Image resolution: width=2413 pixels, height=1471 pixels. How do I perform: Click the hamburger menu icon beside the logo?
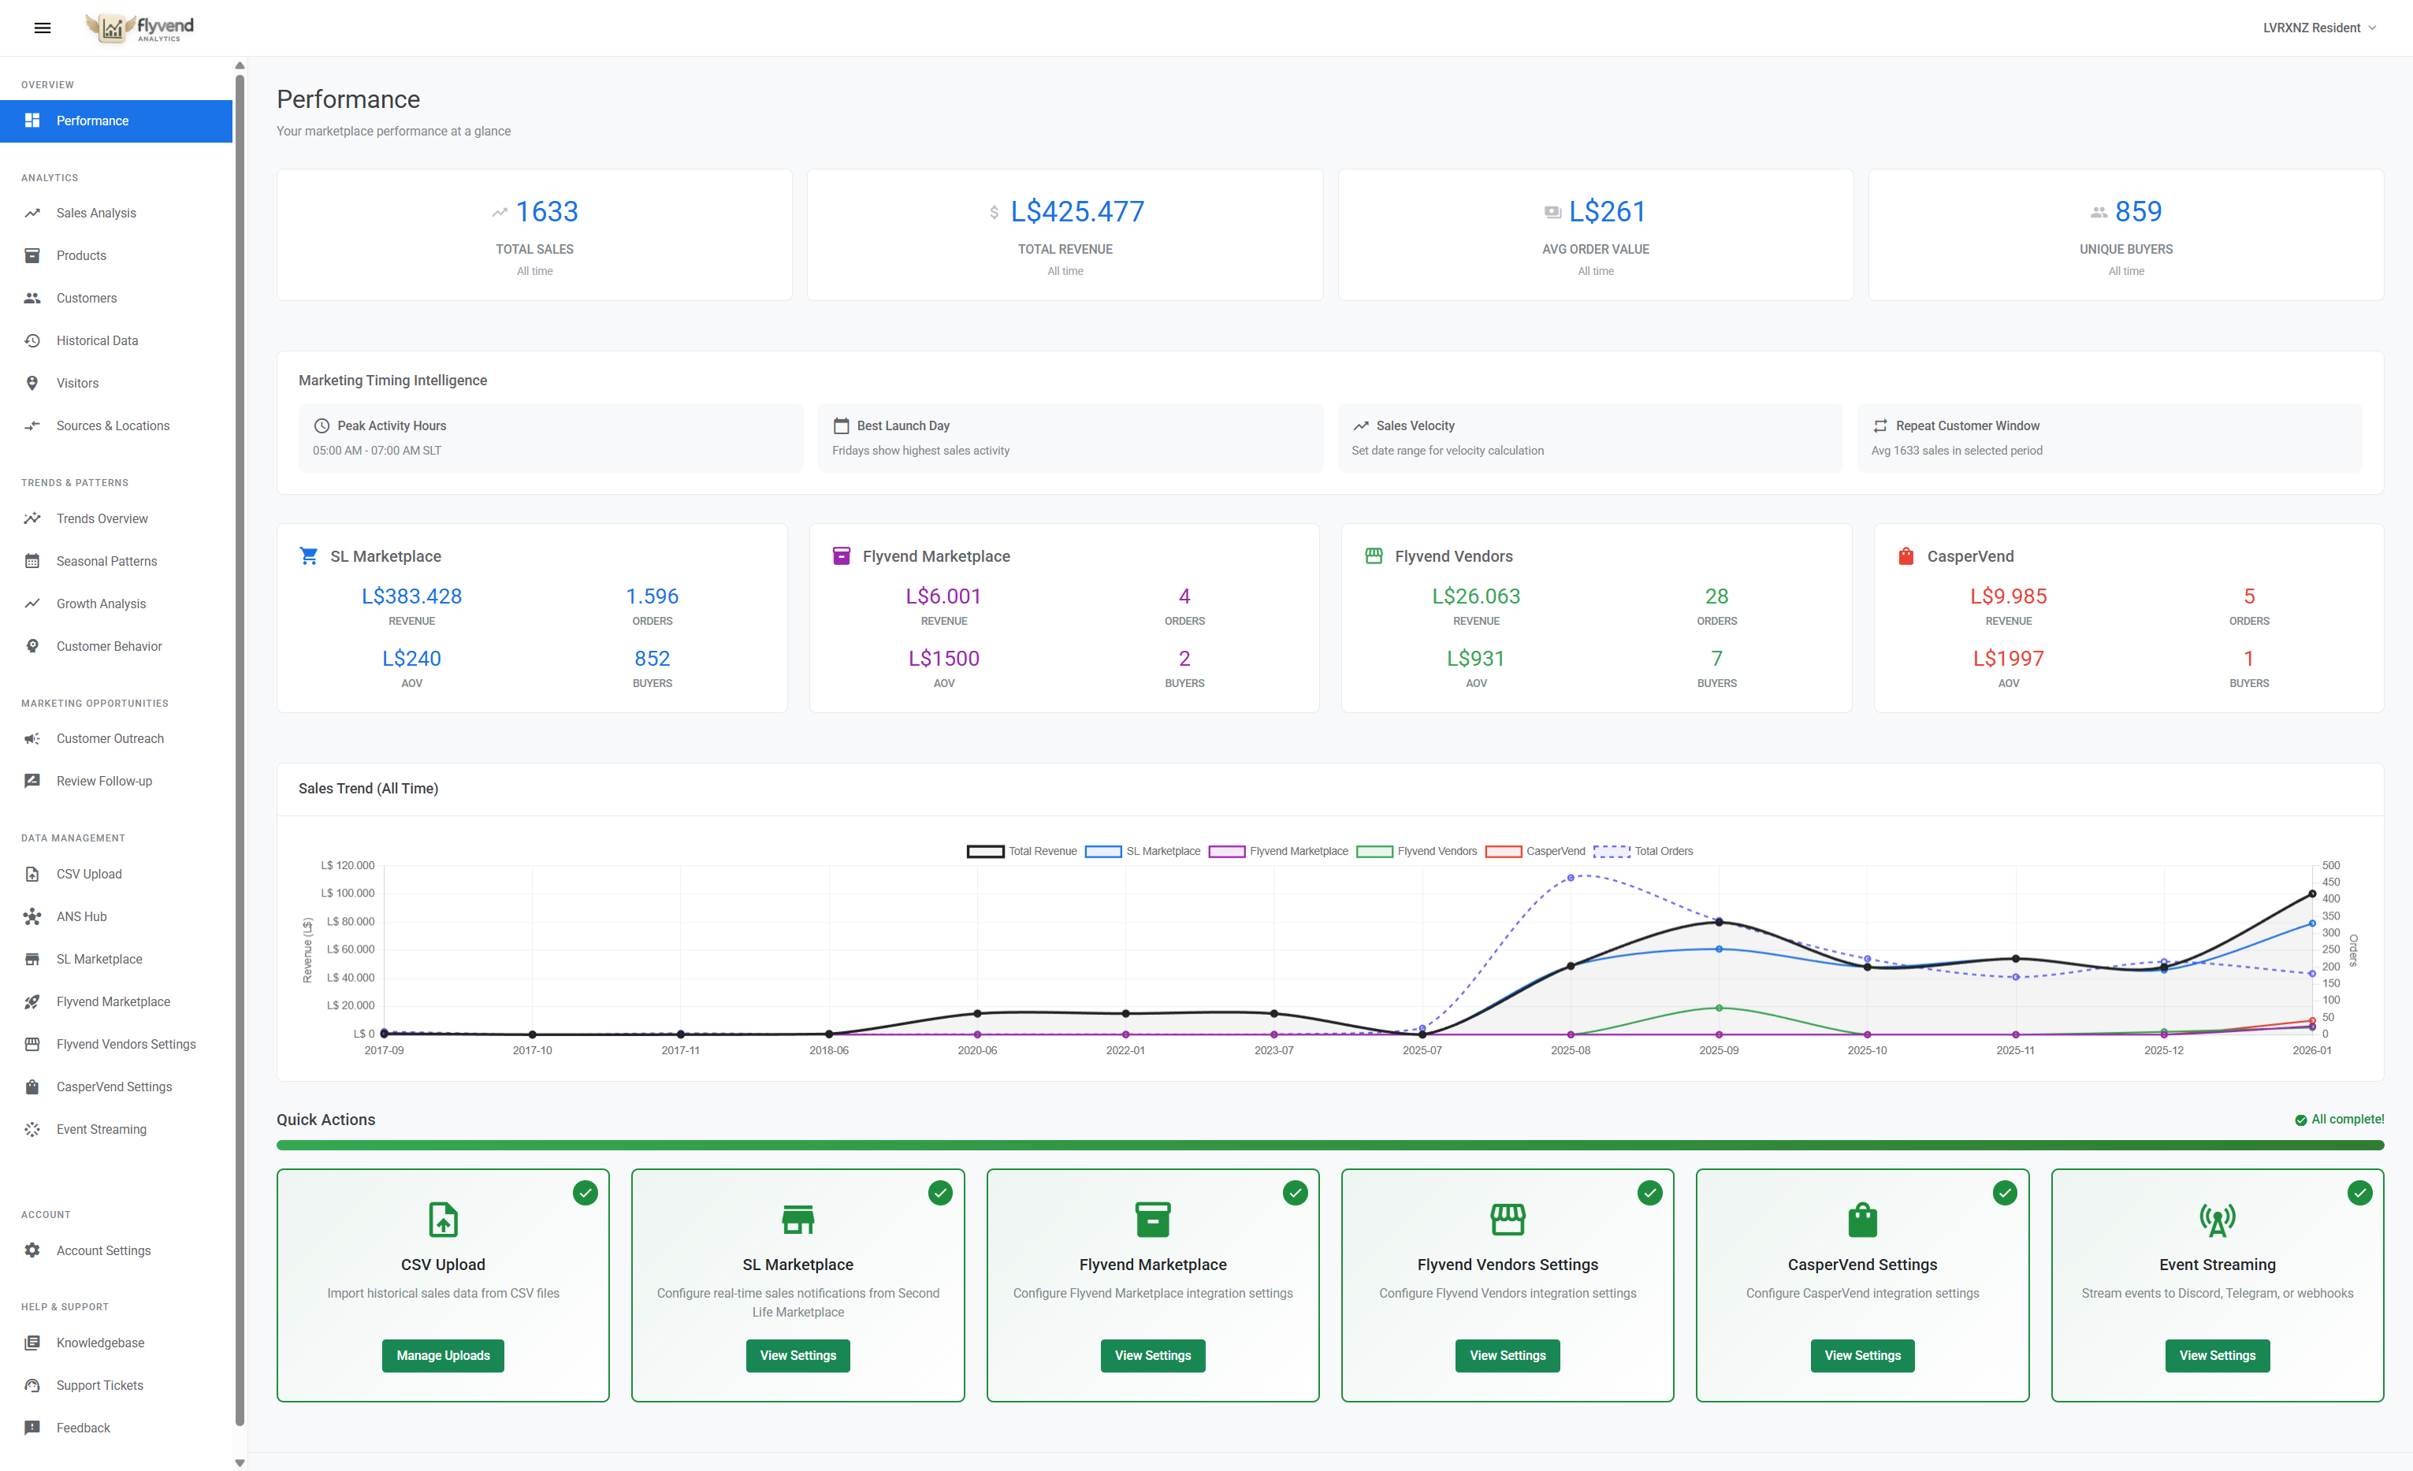point(42,28)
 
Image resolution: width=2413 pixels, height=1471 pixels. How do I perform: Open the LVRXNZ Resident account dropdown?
point(2318,28)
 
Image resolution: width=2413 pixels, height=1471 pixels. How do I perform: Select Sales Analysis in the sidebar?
point(96,213)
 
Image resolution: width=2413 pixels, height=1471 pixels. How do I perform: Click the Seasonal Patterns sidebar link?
point(106,561)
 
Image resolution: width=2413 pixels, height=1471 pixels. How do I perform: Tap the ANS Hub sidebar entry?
point(81,916)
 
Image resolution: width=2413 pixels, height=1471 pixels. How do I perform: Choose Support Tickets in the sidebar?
point(99,1385)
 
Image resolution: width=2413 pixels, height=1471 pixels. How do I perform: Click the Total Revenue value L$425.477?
point(1076,211)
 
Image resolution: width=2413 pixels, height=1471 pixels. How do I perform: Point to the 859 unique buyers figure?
point(2137,211)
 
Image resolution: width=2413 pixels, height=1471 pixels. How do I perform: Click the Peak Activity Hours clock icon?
point(322,426)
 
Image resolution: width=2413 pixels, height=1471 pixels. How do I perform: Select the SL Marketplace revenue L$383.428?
point(411,596)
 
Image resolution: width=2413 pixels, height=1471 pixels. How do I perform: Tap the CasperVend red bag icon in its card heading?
point(1905,556)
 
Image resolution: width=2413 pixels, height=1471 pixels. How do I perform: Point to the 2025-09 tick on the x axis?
point(1718,1050)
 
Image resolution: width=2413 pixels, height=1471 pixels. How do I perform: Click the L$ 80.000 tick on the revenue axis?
point(350,922)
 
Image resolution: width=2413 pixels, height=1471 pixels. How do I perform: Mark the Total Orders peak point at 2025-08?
point(1570,878)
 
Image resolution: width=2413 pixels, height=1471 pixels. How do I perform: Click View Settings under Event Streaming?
point(2216,1355)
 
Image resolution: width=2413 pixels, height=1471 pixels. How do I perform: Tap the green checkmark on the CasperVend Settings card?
point(2004,1193)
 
